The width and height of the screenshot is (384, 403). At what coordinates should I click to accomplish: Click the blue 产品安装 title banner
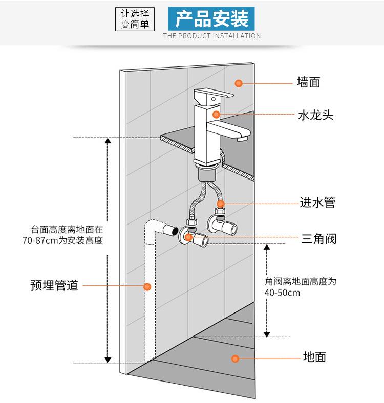point(211,18)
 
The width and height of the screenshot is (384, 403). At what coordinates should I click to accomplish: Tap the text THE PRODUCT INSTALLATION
point(211,36)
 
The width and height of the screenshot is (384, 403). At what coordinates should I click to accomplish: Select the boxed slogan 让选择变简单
point(135,18)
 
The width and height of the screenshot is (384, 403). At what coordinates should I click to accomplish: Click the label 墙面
point(309,82)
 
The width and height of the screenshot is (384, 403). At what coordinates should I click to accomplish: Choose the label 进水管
point(317,203)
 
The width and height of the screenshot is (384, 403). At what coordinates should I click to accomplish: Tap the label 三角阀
point(318,238)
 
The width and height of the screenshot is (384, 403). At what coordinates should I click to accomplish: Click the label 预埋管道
point(54,285)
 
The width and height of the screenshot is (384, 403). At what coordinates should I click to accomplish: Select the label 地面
point(314,357)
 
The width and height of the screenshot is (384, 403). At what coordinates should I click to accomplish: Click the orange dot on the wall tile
point(238,82)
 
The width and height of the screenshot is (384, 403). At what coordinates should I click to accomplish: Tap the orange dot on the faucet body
point(217,115)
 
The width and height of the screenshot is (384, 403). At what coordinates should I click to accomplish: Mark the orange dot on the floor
point(236,359)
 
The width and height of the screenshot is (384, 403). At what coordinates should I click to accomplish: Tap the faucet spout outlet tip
point(243,137)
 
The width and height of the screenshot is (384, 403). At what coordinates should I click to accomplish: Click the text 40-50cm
point(283,293)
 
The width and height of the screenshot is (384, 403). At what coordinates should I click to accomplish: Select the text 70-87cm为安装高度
point(63,241)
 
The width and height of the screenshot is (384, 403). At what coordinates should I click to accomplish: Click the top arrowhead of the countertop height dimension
point(108,141)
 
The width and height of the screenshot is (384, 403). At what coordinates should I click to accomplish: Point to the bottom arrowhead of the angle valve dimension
point(267,333)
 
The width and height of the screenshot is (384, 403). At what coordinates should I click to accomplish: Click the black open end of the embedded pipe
point(175,231)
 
